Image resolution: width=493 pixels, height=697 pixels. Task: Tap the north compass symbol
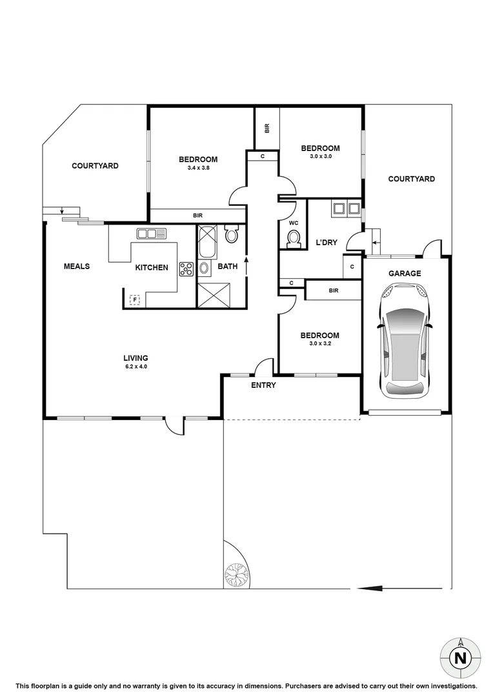pos(459,658)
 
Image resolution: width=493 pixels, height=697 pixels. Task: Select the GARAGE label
pos(405,274)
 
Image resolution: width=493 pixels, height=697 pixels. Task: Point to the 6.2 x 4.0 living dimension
pos(136,367)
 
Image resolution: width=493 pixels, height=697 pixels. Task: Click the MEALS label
pos(77,267)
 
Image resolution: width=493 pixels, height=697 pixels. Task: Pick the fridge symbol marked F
pos(136,299)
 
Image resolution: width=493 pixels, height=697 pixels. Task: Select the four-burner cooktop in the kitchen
pos(186,269)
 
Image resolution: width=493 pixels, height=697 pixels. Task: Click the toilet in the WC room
pos(294,239)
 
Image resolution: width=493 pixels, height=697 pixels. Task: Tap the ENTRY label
pos(263,385)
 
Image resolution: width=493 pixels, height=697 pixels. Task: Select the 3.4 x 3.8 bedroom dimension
pos(198,168)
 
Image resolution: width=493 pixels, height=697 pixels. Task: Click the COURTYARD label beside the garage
pos(411,179)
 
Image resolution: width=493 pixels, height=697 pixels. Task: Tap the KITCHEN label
pos(152,267)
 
